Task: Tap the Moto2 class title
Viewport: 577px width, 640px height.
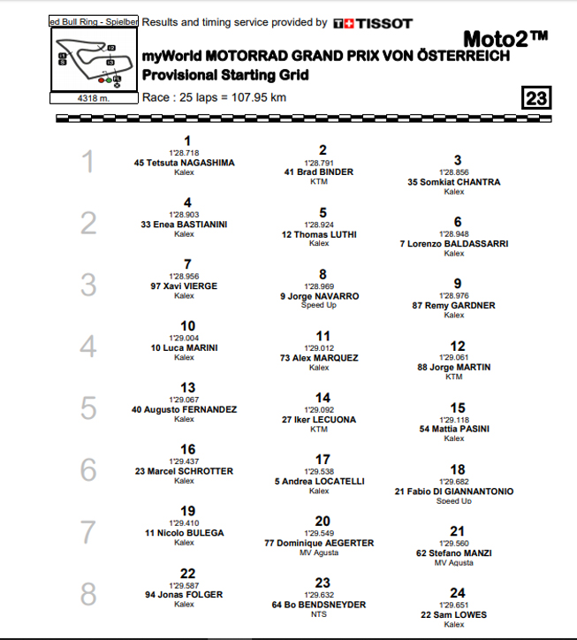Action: [x=505, y=38]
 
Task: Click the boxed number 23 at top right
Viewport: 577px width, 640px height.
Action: [x=535, y=98]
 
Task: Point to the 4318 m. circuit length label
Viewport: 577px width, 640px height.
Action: [x=93, y=97]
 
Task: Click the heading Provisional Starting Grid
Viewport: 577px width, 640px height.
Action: [x=225, y=75]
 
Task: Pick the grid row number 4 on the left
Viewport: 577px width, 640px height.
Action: [x=88, y=347]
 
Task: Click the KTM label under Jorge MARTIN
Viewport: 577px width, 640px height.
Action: [x=453, y=377]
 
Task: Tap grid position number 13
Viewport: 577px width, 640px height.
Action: [x=187, y=388]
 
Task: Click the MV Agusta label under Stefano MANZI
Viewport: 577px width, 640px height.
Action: [x=453, y=563]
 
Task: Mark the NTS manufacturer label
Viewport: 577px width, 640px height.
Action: [x=318, y=614]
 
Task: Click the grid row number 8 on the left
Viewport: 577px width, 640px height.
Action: [x=88, y=594]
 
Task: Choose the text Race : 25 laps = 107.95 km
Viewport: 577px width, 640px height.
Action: [x=214, y=97]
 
